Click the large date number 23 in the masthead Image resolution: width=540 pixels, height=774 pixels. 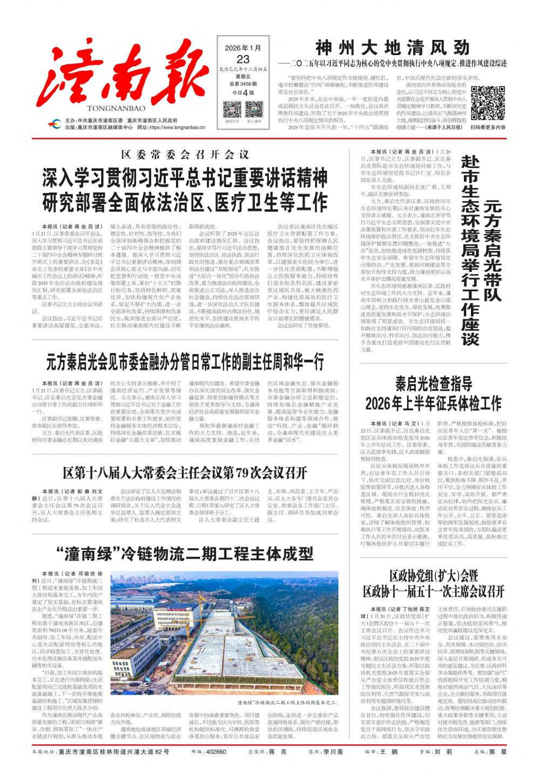click(243, 59)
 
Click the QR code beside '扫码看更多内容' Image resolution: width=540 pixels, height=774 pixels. click(488, 103)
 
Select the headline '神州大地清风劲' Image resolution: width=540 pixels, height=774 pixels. click(393, 48)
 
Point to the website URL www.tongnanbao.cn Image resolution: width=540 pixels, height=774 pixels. click(177, 128)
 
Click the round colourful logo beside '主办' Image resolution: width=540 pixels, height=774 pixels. click(54, 124)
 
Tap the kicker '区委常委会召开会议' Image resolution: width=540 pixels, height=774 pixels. click(185, 155)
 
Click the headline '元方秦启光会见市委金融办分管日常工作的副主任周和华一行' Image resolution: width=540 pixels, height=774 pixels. click(185, 361)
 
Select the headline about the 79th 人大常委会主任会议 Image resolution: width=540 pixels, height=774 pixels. click(185, 473)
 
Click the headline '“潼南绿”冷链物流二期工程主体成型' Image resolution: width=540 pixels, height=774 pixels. click(185, 554)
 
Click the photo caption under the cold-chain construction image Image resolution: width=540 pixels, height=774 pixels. click(287, 703)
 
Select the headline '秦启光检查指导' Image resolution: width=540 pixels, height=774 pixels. click(434, 384)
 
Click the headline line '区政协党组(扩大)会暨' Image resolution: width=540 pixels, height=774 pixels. click(434, 575)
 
